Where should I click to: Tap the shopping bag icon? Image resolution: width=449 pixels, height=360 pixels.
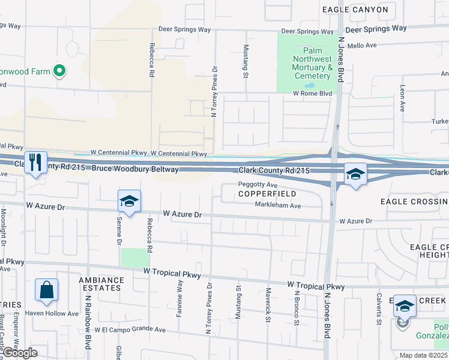(46, 292)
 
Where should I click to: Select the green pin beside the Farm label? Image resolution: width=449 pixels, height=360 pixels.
(59, 72)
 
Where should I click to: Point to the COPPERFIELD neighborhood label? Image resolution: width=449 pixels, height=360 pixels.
(267, 194)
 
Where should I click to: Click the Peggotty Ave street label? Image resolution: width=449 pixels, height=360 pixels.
(258, 185)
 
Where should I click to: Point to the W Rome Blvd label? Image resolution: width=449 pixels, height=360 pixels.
(312, 94)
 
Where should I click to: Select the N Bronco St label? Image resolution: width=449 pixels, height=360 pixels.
(297, 308)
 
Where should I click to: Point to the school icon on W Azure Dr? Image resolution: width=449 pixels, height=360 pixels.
(129, 202)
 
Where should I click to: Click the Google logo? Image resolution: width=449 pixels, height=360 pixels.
(20, 353)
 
